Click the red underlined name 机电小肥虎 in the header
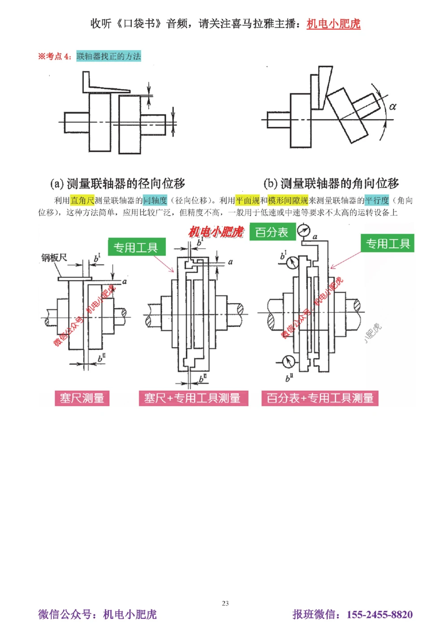[x=333, y=24]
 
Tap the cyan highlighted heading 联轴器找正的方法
[x=108, y=56]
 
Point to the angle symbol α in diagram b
[x=392, y=107]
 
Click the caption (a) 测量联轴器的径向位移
[x=117, y=183]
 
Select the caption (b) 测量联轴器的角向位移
[x=331, y=183]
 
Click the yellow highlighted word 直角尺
[x=82, y=200]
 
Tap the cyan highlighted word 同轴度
[x=155, y=200]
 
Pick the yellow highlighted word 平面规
[x=247, y=200]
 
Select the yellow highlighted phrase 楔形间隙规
[x=288, y=200]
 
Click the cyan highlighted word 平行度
[x=377, y=200]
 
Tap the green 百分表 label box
[x=271, y=232]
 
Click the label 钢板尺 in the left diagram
[x=54, y=258]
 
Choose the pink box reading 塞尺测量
[x=82, y=398]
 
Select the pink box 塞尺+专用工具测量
[x=193, y=398]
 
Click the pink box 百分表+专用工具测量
[x=320, y=398]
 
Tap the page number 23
[x=225, y=603]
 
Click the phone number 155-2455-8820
[x=379, y=614]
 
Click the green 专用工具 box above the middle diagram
[x=136, y=247]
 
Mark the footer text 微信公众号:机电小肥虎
[x=97, y=614]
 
